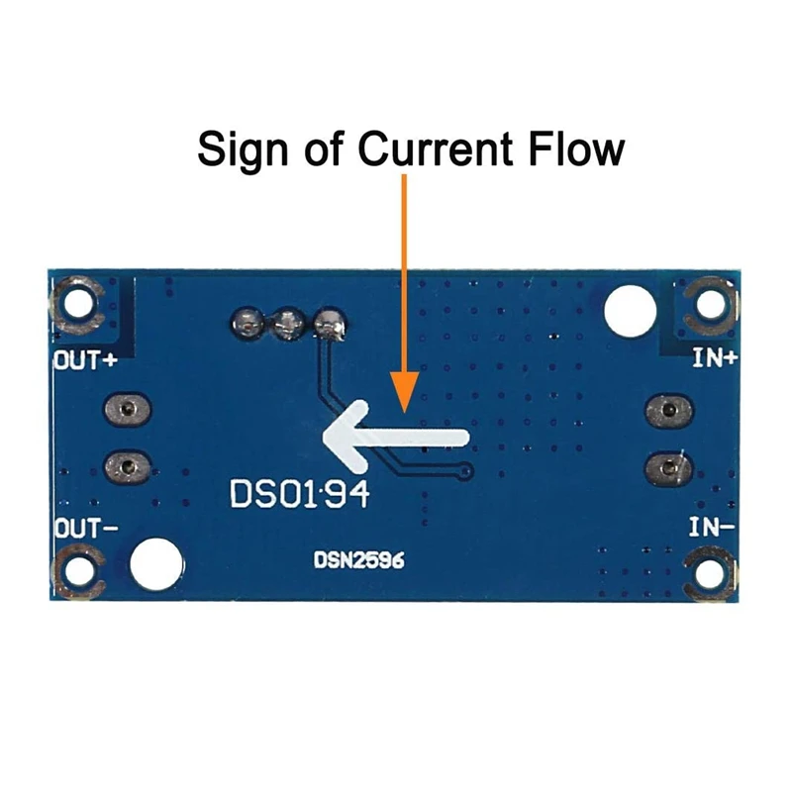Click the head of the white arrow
(x=337, y=437)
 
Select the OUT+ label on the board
(x=85, y=360)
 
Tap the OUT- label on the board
(x=85, y=528)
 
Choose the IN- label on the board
(x=712, y=528)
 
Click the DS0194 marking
(x=299, y=492)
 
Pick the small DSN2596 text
(x=359, y=559)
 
